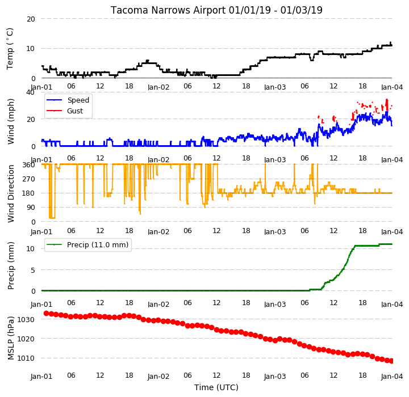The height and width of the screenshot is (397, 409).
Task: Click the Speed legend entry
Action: [x=68, y=100]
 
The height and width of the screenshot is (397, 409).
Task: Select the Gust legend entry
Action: [x=65, y=111]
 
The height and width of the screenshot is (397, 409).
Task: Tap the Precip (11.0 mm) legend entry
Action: [x=87, y=245]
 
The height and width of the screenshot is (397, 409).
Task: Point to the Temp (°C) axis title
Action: [x=10, y=48]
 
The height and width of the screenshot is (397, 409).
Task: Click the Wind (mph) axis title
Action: [x=10, y=121]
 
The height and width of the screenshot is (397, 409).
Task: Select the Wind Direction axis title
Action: [x=10, y=193]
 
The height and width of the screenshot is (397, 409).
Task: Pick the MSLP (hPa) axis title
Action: [x=10, y=338]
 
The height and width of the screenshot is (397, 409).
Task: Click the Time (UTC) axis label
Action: [x=216, y=387]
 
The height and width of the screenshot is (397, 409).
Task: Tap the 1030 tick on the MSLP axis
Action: [x=26, y=320]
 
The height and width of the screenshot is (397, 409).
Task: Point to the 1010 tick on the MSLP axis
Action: [x=26, y=358]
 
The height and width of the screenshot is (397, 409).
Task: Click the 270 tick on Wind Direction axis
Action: [x=28, y=179]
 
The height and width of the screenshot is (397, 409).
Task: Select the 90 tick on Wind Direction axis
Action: [x=31, y=208]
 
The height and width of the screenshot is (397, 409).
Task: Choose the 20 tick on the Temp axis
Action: [x=31, y=19]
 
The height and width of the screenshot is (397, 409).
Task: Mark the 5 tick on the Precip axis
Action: [x=33, y=270]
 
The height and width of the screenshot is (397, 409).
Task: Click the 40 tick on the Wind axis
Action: [x=30, y=92]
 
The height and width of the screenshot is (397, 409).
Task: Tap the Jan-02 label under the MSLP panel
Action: [x=158, y=377]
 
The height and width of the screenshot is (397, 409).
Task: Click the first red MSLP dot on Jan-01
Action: [x=46, y=313]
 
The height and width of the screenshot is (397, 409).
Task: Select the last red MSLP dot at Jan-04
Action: [x=391, y=361]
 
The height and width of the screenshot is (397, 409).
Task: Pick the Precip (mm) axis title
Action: [x=10, y=266]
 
